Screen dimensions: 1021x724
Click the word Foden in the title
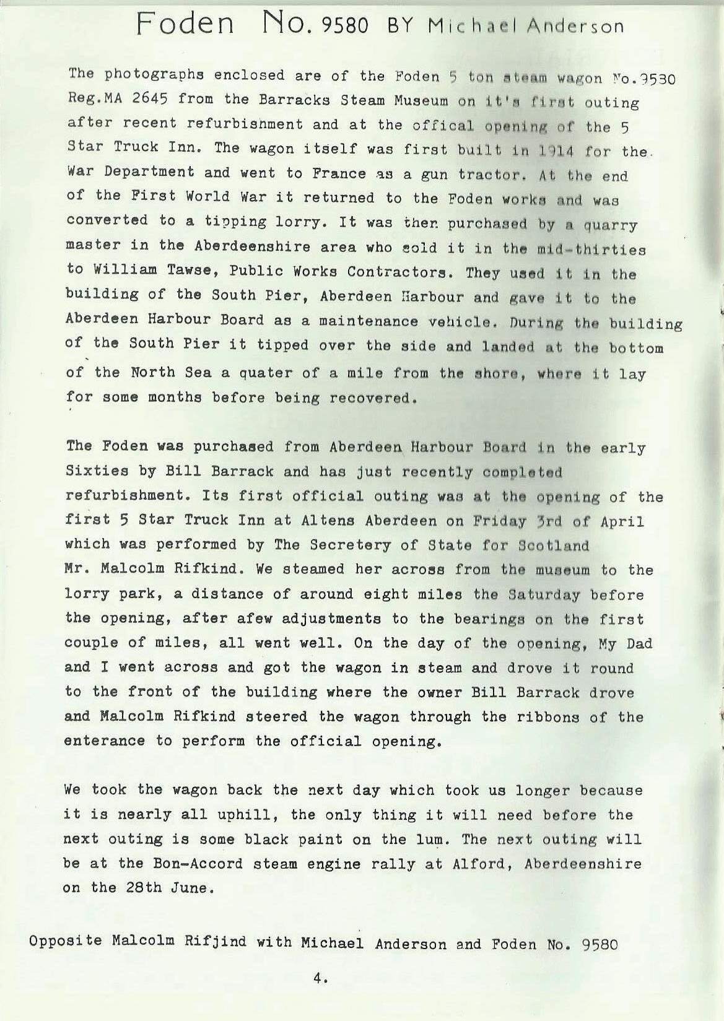coord(185,25)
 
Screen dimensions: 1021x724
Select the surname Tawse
coord(183,271)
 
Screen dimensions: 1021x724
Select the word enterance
coord(105,741)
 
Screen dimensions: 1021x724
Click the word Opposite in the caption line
coord(65,941)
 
